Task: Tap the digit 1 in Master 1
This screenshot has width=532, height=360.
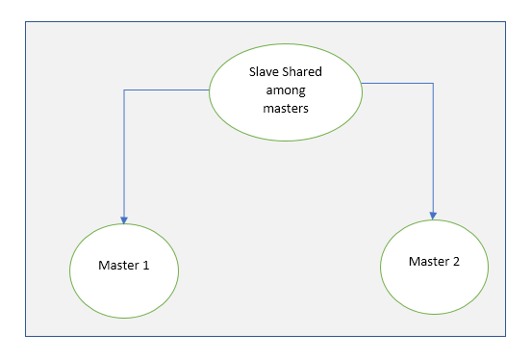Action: coord(146,265)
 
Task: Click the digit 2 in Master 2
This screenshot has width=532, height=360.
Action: coord(457,262)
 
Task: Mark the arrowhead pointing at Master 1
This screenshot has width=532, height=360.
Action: coord(124,218)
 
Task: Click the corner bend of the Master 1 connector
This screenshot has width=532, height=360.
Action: coord(124,90)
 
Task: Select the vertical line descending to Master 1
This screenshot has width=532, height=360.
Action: coord(124,154)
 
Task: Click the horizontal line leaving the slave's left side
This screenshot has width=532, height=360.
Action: coord(165,90)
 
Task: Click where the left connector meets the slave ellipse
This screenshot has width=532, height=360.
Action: coord(209,90)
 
